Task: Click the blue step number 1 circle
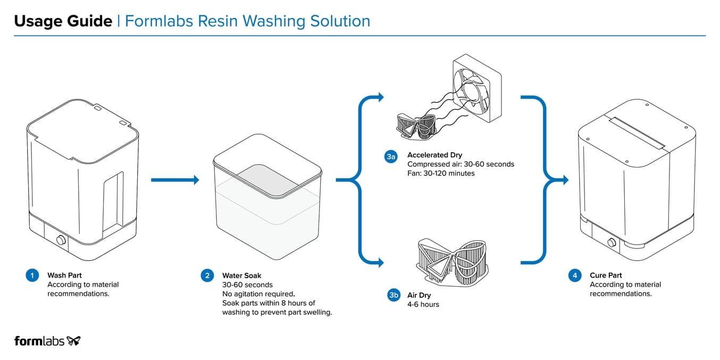click(32, 275)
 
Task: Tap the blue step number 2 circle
click(207, 275)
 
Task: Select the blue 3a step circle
click(391, 156)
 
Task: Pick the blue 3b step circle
click(394, 295)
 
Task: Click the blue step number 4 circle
click(575, 275)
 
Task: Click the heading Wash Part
click(64, 275)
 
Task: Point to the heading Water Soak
click(242, 275)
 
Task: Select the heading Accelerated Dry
click(434, 155)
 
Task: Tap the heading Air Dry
click(419, 295)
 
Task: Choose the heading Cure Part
click(606, 275)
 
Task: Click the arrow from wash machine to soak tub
click(175, 180)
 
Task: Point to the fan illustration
click(477, 88)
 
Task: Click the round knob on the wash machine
click(61, 240)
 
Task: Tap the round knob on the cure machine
click(612, 242)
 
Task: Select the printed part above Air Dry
click(452, 263)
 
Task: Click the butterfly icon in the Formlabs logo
click(73, 341)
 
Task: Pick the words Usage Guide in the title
click(63, 21)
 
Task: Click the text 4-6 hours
click(423, 304)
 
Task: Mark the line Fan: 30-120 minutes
click(441, 173)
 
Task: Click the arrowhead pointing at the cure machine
click(566, 180)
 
